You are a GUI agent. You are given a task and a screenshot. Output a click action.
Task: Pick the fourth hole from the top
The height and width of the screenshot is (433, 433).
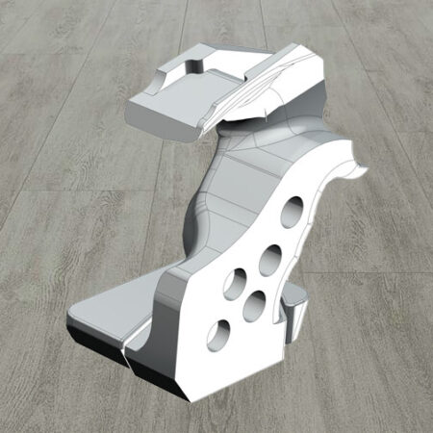255,304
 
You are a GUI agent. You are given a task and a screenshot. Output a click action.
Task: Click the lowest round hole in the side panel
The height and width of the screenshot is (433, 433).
218,334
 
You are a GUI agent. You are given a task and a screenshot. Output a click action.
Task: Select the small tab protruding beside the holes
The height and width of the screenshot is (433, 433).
294,310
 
